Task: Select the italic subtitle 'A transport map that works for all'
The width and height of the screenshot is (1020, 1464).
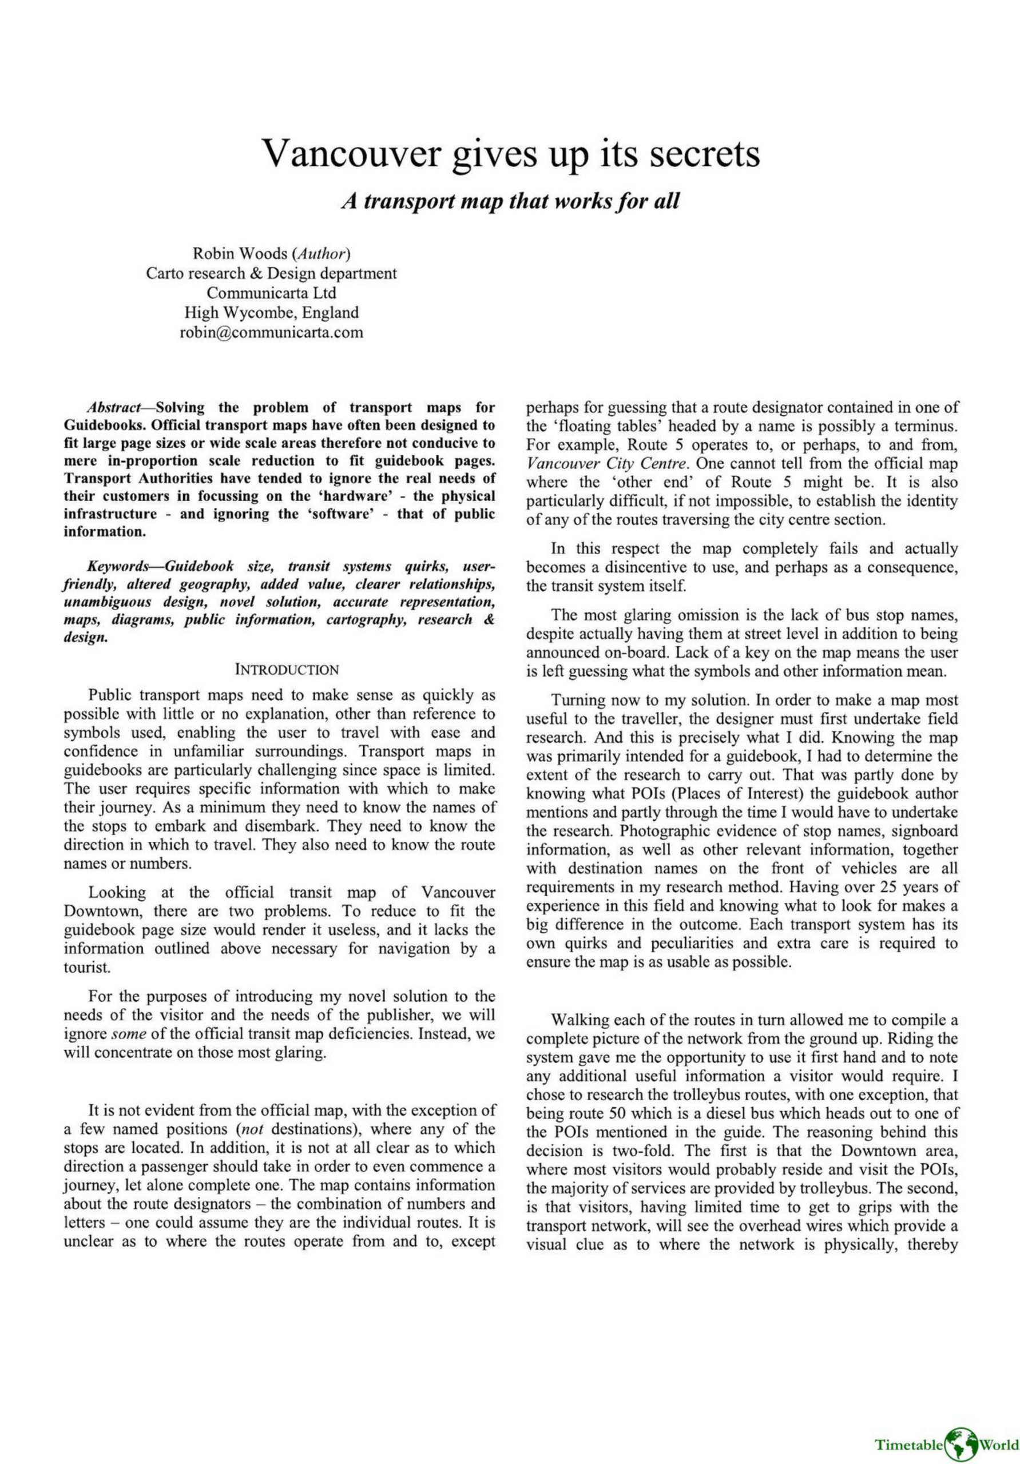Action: click(510, 201)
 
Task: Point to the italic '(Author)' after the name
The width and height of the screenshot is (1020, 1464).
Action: click(321, 253)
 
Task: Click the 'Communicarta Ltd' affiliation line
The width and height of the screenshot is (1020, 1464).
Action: click(271, 293)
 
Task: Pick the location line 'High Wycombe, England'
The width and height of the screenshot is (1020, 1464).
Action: click(271, 312)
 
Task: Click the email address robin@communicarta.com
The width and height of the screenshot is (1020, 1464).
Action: click(271, 332)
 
